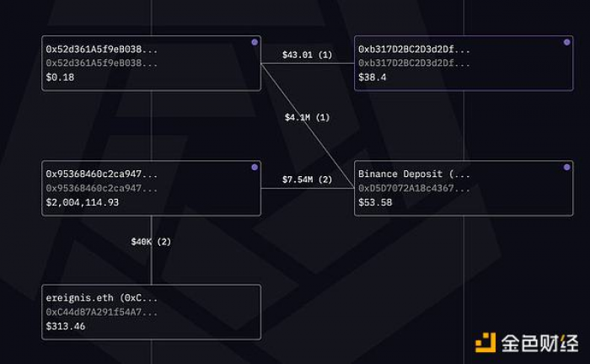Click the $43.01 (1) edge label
pyautogui.click(x=308, y=56)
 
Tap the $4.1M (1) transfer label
pyautogui.click(x=307, y=117)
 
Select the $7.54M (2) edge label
pyautogui.click(x=308, y=180)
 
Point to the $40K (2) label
pyautogui.click(x=151, y=242)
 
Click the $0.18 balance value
pyautogui.click(x=60, y=78)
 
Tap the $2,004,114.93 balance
pyautogui.click(x=82, y=202)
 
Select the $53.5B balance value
pyautogui.click(x=375, y=202)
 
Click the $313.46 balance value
pyautogui.click(x=66, y=326)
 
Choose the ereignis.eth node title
pyautogui.click(x=101, y=298)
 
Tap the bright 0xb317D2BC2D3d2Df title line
pyautogui.click(x=415, y=49)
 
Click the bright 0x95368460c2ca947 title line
pyautogui.click(x=101, y=174)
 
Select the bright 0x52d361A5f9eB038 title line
pyautogui.click(x=101, y=49)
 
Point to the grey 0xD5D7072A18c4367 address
pyautogui.click(x=415, y=188)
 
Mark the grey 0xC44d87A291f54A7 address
pyautogui.click(x=101, y=312)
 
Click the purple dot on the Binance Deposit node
pyautogui.click(x=566, y=168)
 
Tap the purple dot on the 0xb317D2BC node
pyautogui.click(x=566, y=42)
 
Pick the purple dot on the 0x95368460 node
pyautogui.click(x=255, y=168)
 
